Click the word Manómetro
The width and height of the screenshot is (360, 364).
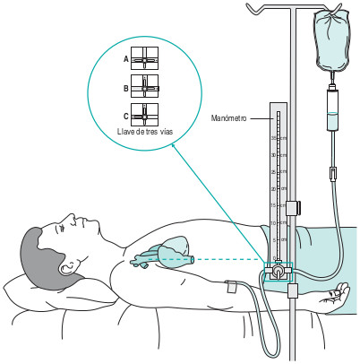(x=230, y=117)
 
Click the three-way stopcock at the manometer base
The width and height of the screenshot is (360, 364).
(x=280, y=269)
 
